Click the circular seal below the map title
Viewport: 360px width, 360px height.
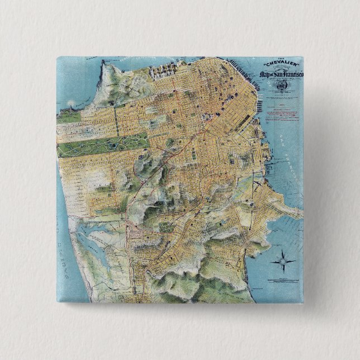(x=283, y=87)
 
